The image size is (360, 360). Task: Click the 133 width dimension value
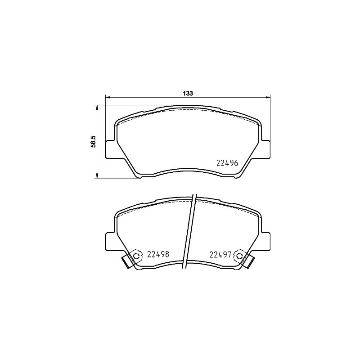188,93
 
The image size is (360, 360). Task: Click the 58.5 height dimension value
93,141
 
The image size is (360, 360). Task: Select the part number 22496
227,163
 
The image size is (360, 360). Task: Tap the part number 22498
158,254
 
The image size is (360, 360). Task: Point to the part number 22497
220,254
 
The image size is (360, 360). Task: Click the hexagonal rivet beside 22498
137,256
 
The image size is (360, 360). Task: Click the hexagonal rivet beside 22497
239,256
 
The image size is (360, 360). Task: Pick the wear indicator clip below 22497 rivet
250,262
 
